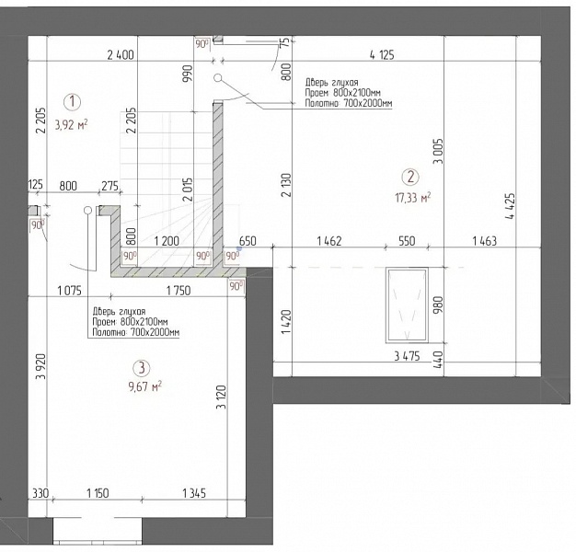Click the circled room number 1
72,102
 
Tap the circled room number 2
410,177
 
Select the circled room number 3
142,368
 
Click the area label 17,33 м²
412,198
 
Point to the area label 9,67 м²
144,386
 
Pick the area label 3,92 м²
71,125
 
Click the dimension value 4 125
382,55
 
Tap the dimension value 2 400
121,55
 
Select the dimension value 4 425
511,206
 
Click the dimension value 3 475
407,356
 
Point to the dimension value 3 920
40,366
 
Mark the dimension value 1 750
179,291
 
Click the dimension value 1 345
194,493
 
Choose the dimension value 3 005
438,151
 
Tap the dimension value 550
407,241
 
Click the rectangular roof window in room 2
407,305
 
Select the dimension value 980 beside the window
438,305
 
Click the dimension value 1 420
286,322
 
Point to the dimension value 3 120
222,397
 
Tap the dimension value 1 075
69,291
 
